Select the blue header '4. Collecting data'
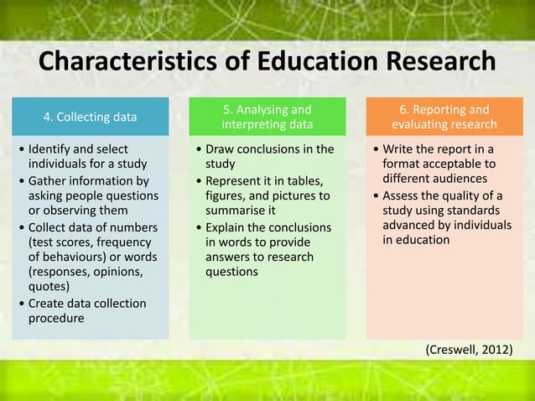pos(90,117)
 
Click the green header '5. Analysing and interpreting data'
pos(267,117)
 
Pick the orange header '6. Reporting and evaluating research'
pos(444,117)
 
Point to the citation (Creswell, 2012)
pos(470,348)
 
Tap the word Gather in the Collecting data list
pos(49,181)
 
